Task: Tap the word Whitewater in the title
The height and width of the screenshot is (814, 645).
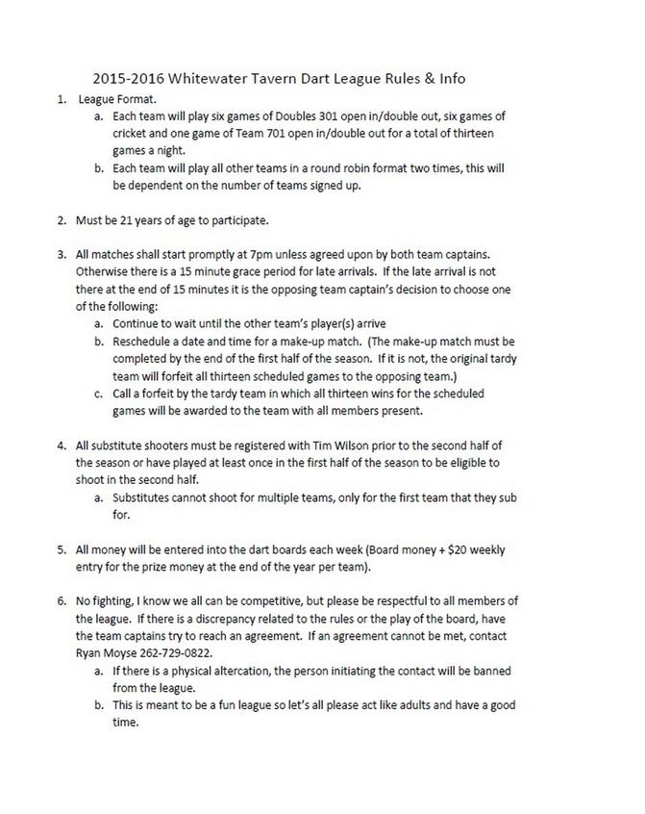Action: pyautogui.click(x=222, y=78)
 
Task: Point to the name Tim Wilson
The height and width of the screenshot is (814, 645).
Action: pyautogui.click(x=356, y=446)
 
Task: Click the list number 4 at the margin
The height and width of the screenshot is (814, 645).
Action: pyautogui.click(x=61, y=446)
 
